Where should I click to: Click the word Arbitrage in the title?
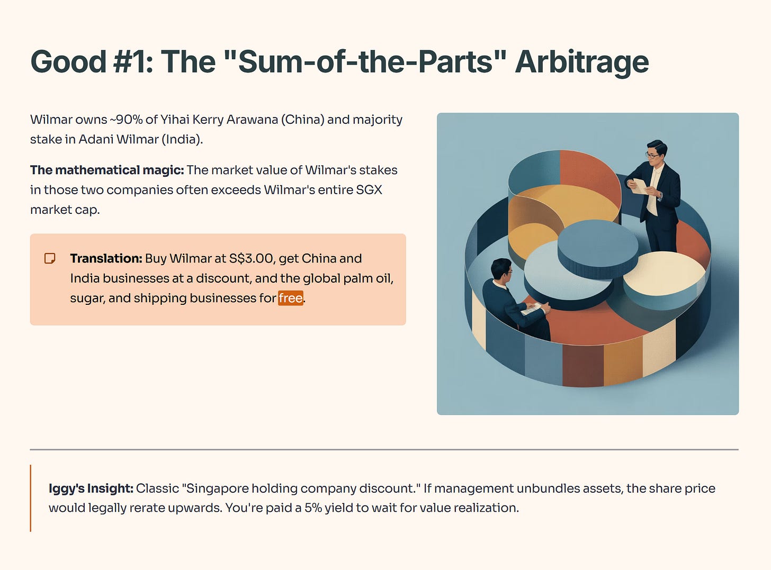(x=581, y=62)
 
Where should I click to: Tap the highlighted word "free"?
(x=291, y=298)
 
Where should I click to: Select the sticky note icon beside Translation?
(x=50, y=259)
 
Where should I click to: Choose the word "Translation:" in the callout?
(x=106, y=259)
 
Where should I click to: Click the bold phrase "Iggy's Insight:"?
(x=91, y=488)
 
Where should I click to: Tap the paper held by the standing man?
(x=639, y=186)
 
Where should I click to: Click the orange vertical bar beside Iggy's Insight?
(x=31, y=499)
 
